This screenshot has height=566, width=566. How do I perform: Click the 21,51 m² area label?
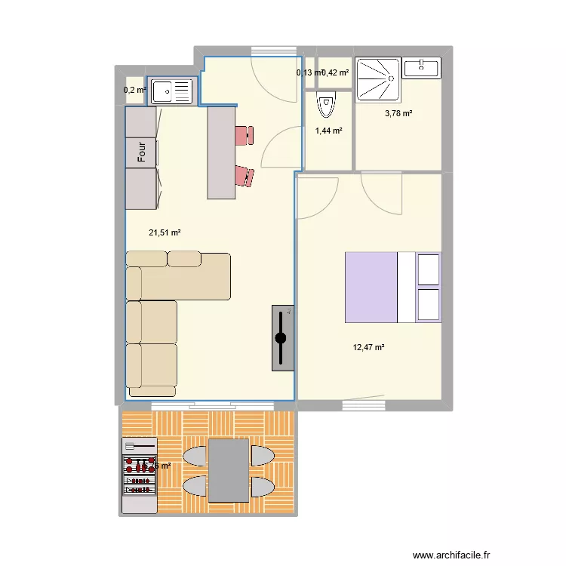[164, 232]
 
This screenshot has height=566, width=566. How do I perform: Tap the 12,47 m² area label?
[368, 348]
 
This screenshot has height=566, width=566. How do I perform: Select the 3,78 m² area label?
[398, 114]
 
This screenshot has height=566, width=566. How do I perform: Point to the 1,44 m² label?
[328, 131]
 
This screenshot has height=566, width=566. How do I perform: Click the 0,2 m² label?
[134, 91]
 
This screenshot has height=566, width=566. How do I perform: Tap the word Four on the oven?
[141, 152]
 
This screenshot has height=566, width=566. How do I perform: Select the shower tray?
[379, 79]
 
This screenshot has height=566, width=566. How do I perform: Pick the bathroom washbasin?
[421, 68]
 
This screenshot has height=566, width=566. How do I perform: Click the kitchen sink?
[172, 92]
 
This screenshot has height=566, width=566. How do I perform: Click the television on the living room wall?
[281, 338]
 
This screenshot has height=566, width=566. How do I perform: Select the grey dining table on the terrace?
[228, 470]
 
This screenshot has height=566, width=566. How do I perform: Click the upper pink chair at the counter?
[244, 135]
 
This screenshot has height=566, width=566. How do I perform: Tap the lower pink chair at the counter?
[245, 176]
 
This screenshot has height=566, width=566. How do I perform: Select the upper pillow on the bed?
[429, 269]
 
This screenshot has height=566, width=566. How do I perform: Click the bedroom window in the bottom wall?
[363, 405]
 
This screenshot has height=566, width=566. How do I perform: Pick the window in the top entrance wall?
[272, 51]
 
